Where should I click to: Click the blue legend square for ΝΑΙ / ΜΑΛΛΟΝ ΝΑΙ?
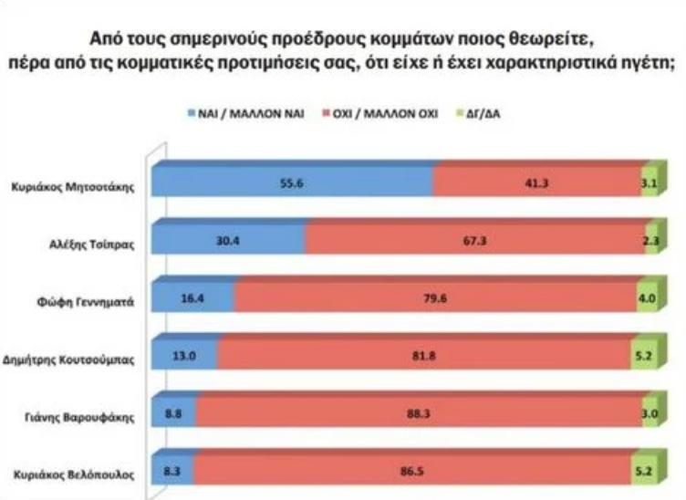click(192, 115)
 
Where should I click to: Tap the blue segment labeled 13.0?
click(184, 357)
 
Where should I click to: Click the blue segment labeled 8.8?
click(173, 414)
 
